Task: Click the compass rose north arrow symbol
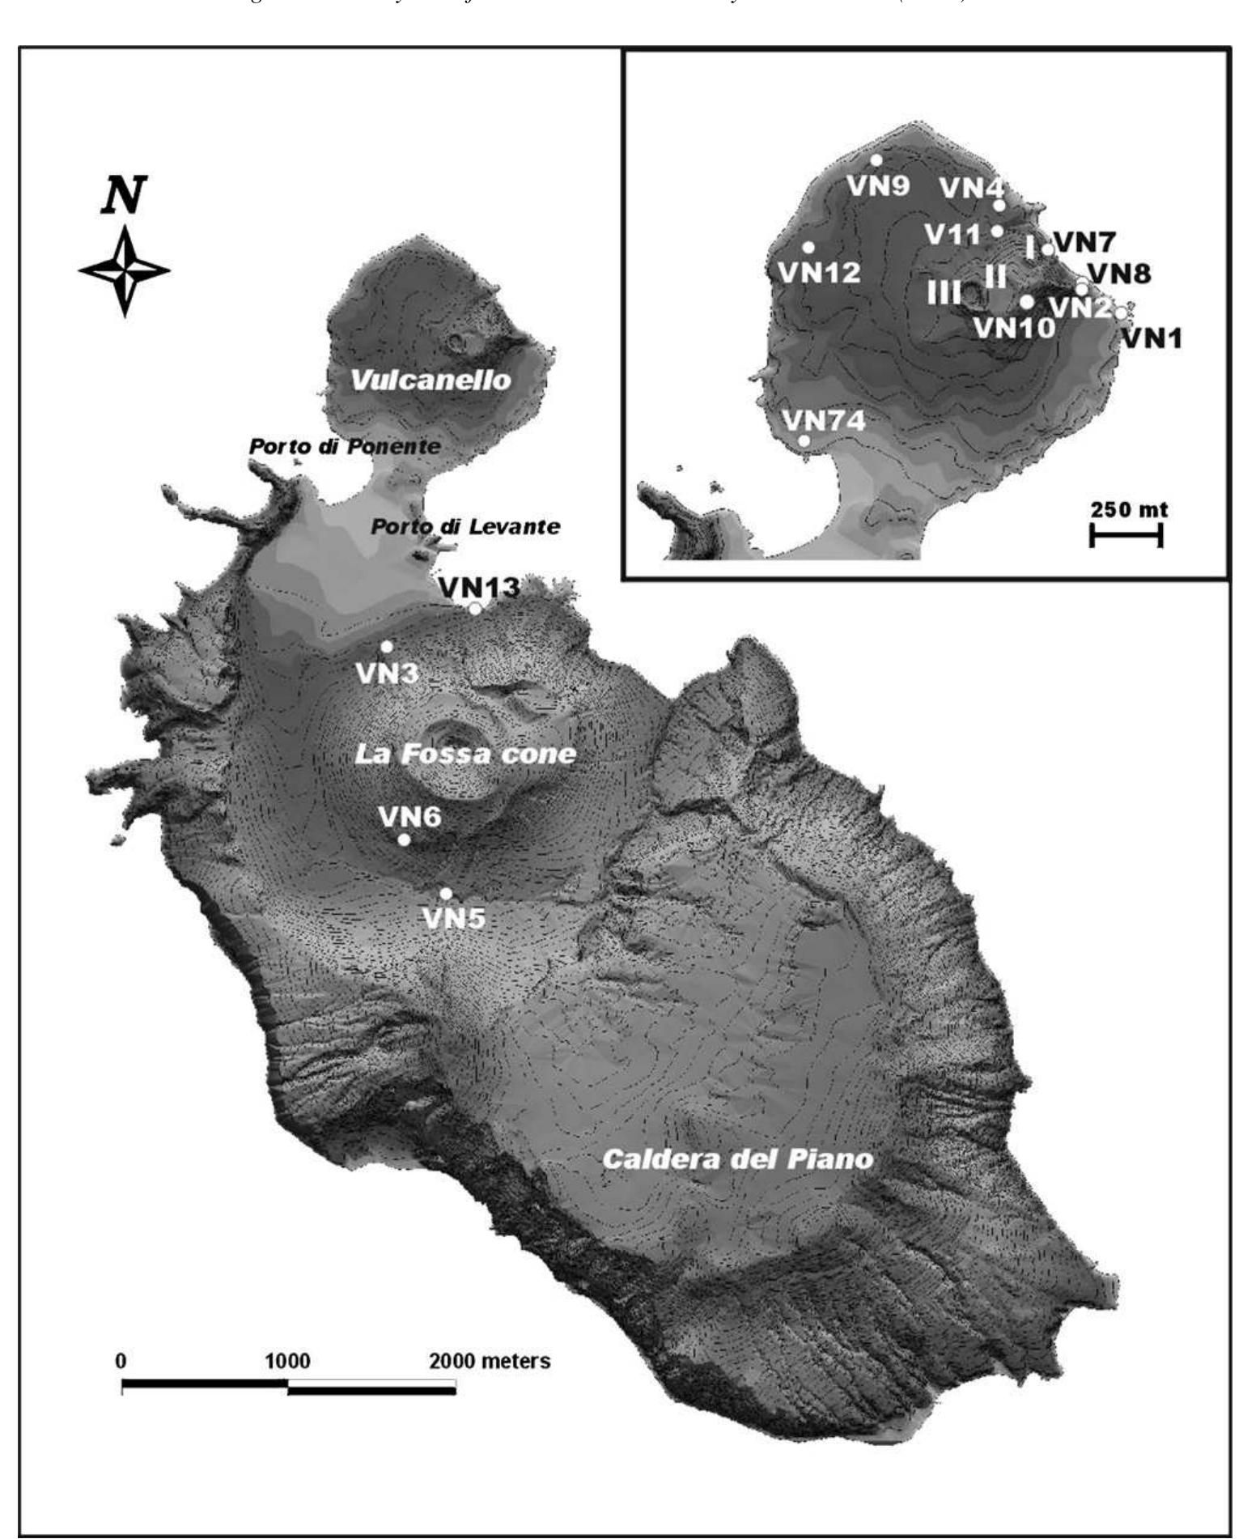coord(124,270)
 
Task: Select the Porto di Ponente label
coord(345,446)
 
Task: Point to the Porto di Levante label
coord(465,527)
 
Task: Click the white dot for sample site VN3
coord(387,646)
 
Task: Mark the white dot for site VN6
coord(404,840)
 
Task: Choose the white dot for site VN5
coord(445,894)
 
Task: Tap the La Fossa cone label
coord(465,755)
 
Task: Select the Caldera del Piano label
coord(738,1159)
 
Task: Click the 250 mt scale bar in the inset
coord(1126,534)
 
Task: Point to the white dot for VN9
coord(876,160)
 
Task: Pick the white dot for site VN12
coord(808,247)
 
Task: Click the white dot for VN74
coord(804,440)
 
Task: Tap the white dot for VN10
coord(1027,302)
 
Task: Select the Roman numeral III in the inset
coord(944,292)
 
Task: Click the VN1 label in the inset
coord(1151,338)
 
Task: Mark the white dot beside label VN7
coord(1047,249)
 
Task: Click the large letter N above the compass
coord(123,196)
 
